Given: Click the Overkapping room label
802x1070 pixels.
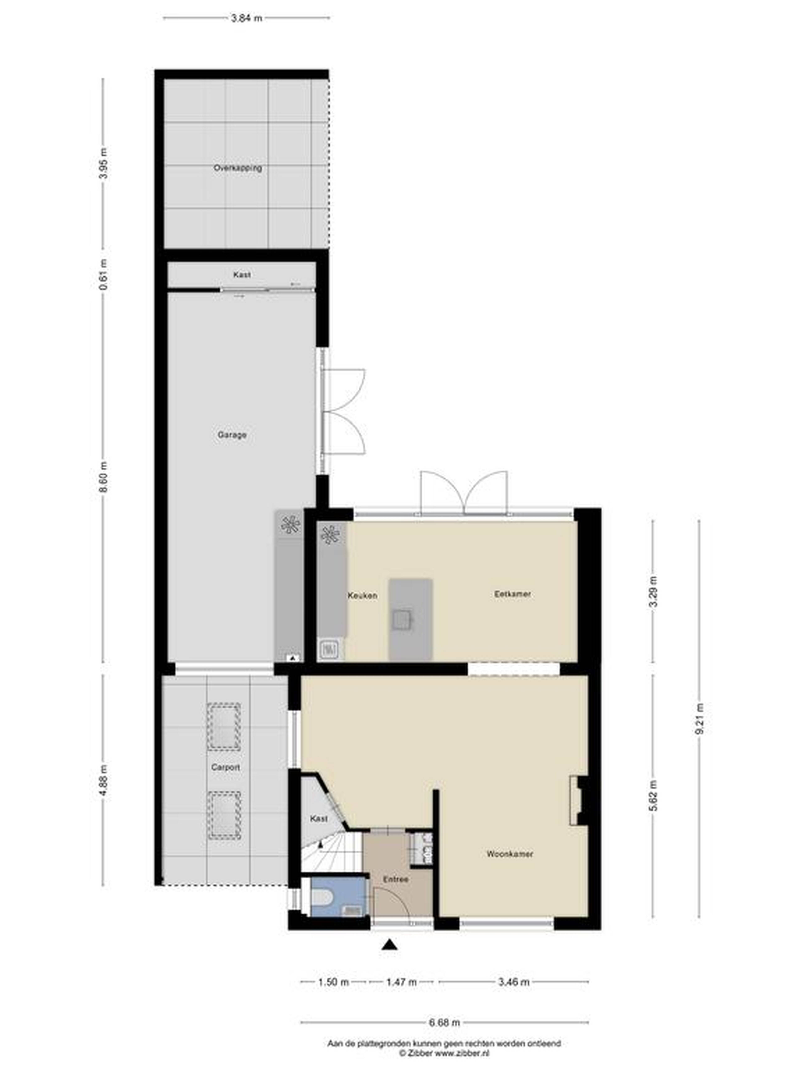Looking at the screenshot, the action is click(x=238, y=168).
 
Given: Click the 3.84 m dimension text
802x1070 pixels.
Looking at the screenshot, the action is click(x=246, y=18).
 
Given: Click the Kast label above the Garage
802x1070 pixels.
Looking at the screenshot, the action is click(x=242, y=274).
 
